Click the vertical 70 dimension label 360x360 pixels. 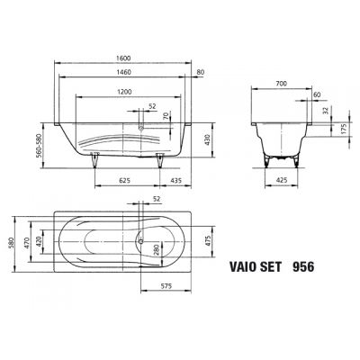coord(165,115)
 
